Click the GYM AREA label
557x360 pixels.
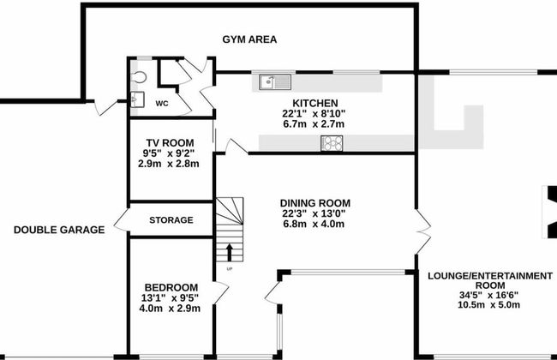tap(249, 39)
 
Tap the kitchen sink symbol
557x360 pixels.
tap(277, 82)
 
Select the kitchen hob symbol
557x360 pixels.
tap(332, 143)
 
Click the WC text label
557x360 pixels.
tap(161, 103)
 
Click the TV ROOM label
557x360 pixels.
tap(169, 142)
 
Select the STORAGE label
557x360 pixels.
tap(171, 220)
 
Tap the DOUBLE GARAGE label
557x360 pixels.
tap(59, 230)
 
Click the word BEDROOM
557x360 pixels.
tap(171, 286)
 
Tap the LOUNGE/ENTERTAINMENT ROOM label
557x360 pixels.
tap(489, 281)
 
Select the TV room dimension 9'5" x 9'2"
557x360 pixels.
tap(169, 153)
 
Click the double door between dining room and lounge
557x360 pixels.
tap(419, 226)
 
